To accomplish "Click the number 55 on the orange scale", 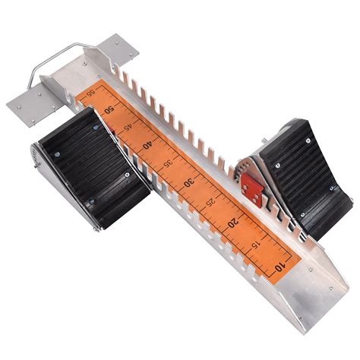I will [91, 94].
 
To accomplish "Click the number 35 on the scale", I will [169, 163].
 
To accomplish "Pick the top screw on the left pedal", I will [95, 129].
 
